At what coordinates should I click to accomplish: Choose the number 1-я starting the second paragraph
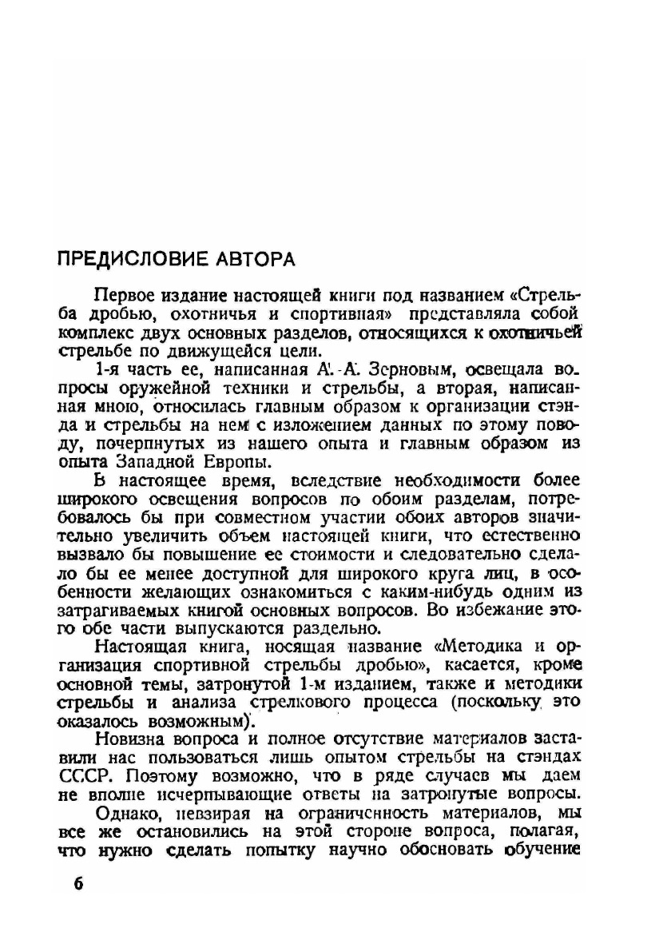pos(109,371)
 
